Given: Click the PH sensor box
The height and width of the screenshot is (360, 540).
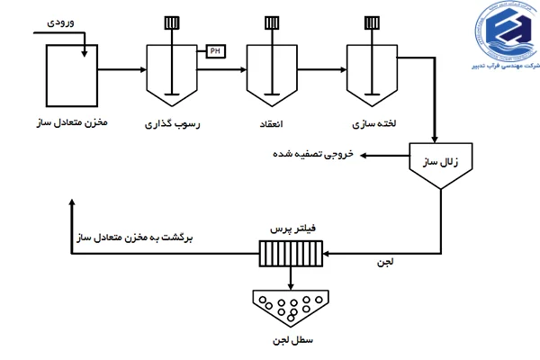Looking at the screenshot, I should [x=215, y=50].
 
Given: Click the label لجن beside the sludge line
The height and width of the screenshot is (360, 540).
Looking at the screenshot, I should [x=385, y=263].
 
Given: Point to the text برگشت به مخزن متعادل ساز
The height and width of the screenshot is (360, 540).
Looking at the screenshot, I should [x=135, y=239].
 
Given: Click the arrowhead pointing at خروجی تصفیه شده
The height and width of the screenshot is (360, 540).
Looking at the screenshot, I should [x=364, y=156].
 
